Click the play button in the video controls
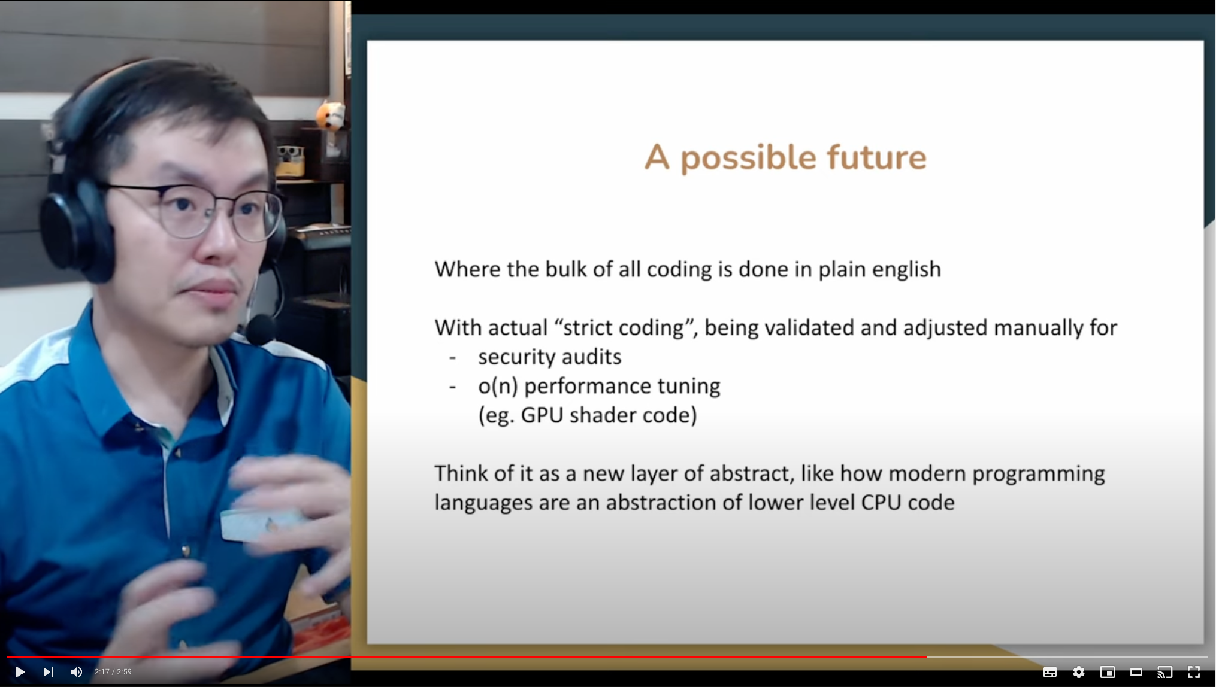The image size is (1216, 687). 20,672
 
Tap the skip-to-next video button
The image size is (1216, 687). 49,672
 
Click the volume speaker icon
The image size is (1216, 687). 77,672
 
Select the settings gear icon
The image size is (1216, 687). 1079,672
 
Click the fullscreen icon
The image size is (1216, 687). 1194,672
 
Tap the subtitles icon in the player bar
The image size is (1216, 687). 1050,672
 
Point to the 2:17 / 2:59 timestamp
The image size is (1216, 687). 113,672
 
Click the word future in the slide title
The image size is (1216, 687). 876,157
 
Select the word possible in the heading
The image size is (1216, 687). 749,159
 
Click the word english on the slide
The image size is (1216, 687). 906,270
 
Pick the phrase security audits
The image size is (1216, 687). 549,357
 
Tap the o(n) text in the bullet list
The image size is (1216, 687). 497,387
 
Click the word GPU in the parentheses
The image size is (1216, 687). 542,415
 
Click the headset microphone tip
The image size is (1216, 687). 260,330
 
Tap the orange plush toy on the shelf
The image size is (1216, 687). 331,115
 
